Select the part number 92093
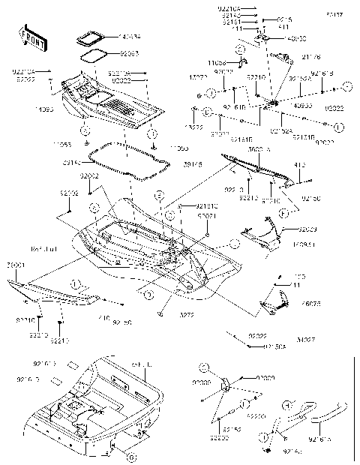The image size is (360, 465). (130, 54)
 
